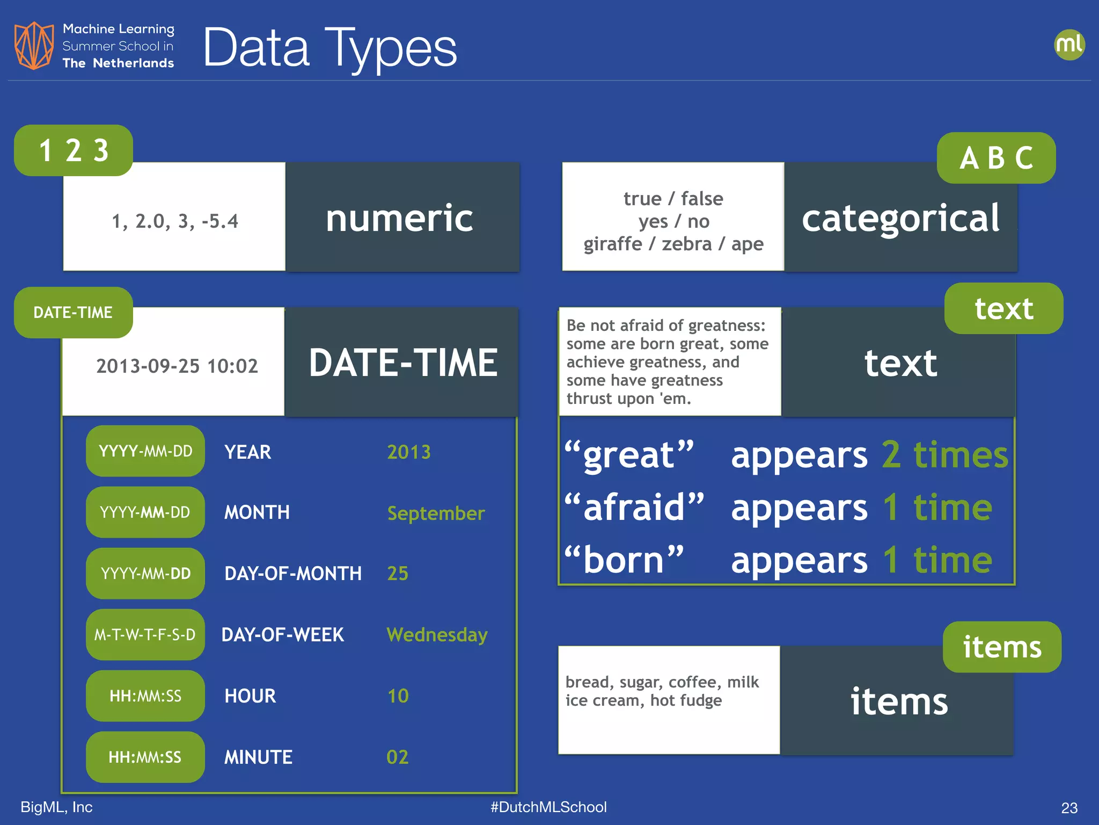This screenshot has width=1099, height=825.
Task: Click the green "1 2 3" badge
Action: click(74, 150)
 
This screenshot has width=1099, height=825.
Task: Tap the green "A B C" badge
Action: click(996, 158)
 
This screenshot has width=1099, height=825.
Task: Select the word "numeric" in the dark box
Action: click(400, 218)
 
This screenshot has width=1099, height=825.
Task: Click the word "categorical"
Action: click(900, 218)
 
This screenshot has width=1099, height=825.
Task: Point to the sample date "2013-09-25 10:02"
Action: click(177, 366)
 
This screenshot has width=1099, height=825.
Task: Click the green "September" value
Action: click(436, 513)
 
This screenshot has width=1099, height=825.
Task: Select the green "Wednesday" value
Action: click(437, 635)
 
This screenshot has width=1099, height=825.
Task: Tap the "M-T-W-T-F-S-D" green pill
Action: click(145, 635)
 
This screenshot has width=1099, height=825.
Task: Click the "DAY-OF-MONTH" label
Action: click(293, 574)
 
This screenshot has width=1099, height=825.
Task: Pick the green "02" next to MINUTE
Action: click(398, 757)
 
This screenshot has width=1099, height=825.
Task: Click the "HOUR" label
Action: click(250, 696)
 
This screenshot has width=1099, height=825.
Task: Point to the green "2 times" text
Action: click(945, 455)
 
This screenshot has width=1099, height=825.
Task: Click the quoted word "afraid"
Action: click(634, 507)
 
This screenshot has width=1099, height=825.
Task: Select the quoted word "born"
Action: click(624, 560)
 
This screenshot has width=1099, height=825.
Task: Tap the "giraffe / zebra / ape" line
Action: click(673, 244)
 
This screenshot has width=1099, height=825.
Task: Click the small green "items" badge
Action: click(1002, 647)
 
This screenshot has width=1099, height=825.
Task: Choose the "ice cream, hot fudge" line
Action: click(643, 700)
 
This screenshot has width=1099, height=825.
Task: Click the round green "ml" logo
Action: click(1069, 45)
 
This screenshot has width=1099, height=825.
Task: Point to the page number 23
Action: click(1069, 808)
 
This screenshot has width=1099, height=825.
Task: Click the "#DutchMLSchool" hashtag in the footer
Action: click(548, 807)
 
